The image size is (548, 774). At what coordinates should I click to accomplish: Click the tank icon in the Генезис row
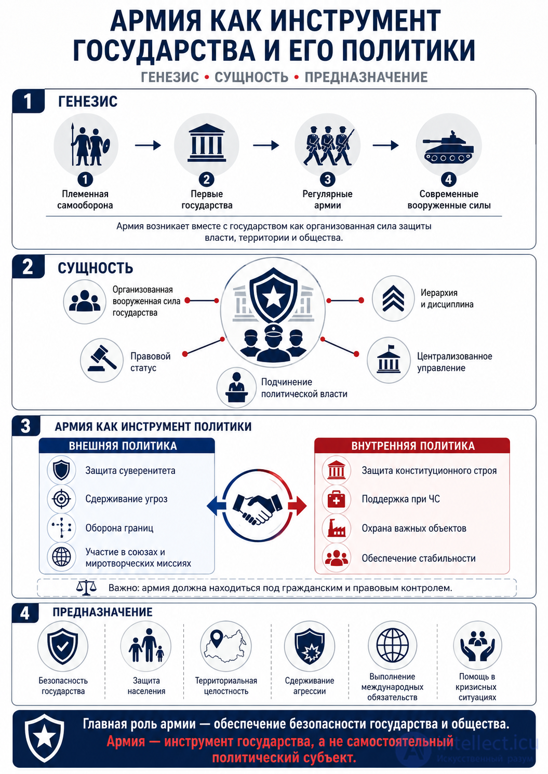(x=448, y=147)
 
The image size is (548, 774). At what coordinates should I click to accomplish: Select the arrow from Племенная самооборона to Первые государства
(x=148, y=145)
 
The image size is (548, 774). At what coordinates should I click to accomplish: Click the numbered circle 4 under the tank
(x=448, y=179)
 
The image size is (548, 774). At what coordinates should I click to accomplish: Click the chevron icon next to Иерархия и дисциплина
(x=393, y=298)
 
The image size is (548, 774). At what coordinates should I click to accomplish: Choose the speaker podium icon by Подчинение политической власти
(x=236, y=387)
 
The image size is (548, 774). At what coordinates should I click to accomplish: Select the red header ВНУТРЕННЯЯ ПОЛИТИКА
(x=412, y=446)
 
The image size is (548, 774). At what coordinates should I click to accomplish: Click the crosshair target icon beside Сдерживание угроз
(x=61, y=499)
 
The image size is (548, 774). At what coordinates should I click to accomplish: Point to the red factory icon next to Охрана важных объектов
(x=336, y=528)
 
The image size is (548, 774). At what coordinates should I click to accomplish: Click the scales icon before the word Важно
(x=86, y=588)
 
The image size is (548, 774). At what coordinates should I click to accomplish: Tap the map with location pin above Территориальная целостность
(x=226, y=646)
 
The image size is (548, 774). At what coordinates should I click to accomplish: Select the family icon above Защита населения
(x=146, y=645)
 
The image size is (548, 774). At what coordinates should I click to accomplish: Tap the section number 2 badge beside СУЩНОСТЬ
(x=28, y=266)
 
